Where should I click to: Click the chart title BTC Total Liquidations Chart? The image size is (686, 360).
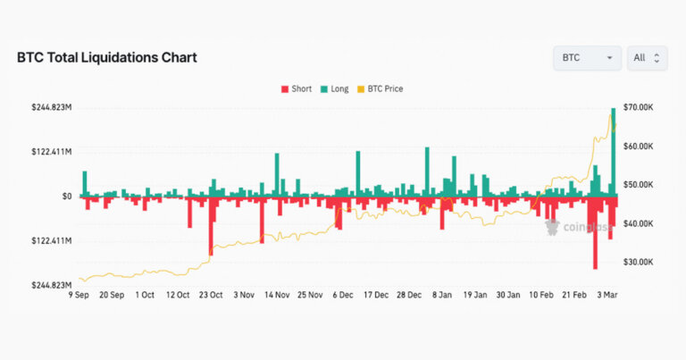pos(107,58)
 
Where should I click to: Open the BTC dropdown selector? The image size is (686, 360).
pos(587,58)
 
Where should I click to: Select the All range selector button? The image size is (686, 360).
pos(647,58)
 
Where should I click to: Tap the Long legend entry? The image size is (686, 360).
pos(334,89)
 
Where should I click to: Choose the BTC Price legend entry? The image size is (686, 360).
pos(380,89)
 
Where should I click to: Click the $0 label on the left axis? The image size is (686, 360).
pos(67,197)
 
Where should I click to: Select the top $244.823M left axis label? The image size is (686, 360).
pos(51,107)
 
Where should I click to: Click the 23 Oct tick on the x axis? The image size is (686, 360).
pos(210,295)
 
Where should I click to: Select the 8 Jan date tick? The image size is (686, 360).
pos(441,295)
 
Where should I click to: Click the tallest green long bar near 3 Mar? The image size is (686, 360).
pos(614,152)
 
